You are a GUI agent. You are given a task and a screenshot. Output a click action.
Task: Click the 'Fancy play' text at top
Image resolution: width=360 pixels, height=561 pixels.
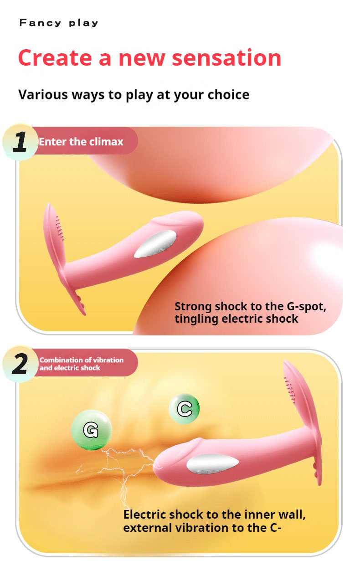point(59,23)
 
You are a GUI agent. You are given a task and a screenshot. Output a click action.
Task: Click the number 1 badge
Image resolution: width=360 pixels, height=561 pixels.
point(20,142)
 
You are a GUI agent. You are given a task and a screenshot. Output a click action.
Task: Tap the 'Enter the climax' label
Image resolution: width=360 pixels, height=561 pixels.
point(81,142)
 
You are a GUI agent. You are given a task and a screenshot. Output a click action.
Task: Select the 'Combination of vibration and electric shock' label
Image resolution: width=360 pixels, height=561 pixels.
point(81,364)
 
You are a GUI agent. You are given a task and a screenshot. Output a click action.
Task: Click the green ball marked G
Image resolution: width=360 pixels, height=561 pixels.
point(91,430)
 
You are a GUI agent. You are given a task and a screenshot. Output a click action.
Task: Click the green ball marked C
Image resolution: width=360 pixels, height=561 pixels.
point(184,408)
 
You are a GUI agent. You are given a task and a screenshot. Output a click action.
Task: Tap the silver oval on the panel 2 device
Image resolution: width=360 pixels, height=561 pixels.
point(212,463)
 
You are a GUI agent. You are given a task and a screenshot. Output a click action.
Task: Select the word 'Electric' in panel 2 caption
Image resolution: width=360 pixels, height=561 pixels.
point(145,515)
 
